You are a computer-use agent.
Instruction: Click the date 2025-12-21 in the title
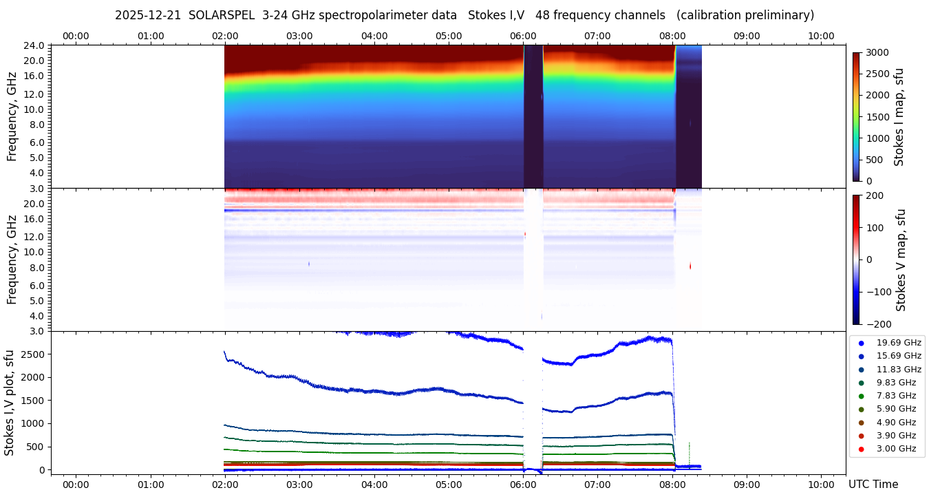(x=147, y=15)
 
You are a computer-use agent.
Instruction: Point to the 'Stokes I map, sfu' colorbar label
(x=899, y=117)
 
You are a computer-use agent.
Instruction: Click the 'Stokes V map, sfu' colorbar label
(x=901, y=260)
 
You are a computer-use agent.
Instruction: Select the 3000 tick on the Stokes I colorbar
(x=877, y=52)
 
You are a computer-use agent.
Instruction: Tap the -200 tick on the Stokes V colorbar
(x=877, y=324)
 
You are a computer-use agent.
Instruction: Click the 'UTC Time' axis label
(x=873, y=485)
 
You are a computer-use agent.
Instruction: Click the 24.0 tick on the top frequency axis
(x=34, y=45)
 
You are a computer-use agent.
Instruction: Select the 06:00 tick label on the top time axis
(x=523, y=36)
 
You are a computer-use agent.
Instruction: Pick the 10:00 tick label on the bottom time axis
(x=821, y=485)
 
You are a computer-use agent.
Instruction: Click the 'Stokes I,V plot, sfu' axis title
(x=10, y=403)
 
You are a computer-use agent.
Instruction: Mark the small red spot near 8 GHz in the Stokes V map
(x=690, y=266)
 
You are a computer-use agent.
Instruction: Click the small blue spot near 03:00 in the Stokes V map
(x=309, y=264)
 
